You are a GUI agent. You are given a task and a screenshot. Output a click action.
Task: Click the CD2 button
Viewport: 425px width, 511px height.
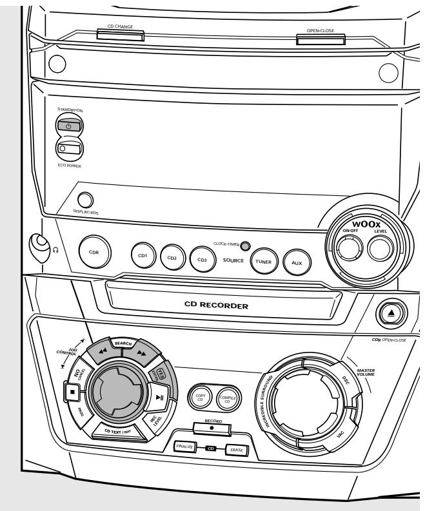pyautogui.click(x=172, y=258)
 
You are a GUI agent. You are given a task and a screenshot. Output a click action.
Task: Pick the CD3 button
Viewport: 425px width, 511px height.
pyautogui.click(x=202, y=259)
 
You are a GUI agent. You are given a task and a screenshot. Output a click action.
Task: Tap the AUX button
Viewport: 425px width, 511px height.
pyautogui.click(x=296, y=261)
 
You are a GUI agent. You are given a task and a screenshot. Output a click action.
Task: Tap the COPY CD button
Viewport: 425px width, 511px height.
pyautogui.click(x=200, y=399)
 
